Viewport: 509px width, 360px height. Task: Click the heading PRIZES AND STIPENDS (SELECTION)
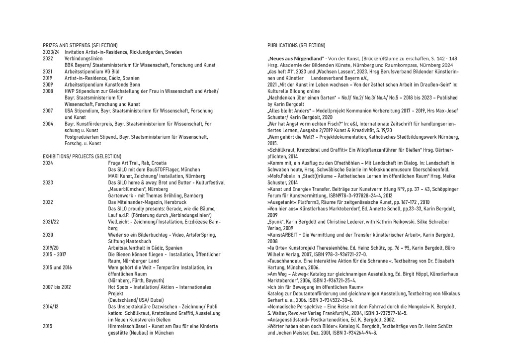[80, 46]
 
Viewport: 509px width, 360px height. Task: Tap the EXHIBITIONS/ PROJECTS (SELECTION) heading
[82, 156]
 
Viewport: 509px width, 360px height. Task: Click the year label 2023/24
[52, 52]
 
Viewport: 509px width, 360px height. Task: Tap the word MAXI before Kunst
[114, 176]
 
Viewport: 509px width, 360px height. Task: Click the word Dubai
[149, 300]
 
